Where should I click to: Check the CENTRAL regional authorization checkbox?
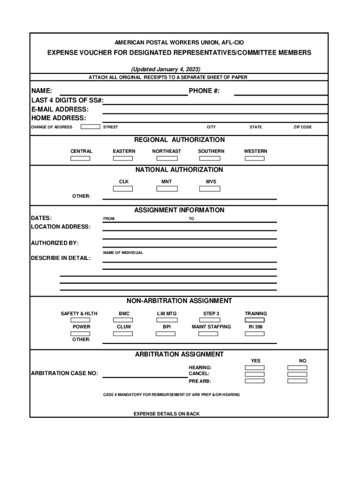pyautogui.click(x=80, y=159)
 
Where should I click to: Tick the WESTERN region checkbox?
pyautogui.click(x=255, y=159)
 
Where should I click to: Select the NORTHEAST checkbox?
pyautogui.click(x=166, y=159)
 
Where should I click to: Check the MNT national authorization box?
pyautogui.click(x=167, y=189)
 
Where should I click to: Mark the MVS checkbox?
pyautogui.click(x=209, y=189)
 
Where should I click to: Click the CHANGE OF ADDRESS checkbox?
pyautogui.click(x=90, y=127)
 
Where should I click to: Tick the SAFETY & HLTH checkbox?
pyautogui.click(x=80, y=320)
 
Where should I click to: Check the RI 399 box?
pyautogui.click(x=255, y=334)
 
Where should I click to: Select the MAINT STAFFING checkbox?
pyautogui.click(x=208, y=334)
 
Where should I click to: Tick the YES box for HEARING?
pyautogui.click(x=255, y=368)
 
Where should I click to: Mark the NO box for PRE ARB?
pyautogui.click(x=297, y=381)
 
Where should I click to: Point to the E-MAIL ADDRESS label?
pyautogui.click(x=59, y=109)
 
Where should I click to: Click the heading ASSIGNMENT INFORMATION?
pyautogui.click(x=179, y=210)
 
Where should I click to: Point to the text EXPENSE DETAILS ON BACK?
pyautogui.click(x=166, y=414)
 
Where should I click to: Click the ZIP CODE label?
pyautogui.click(x=302, y=127)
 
